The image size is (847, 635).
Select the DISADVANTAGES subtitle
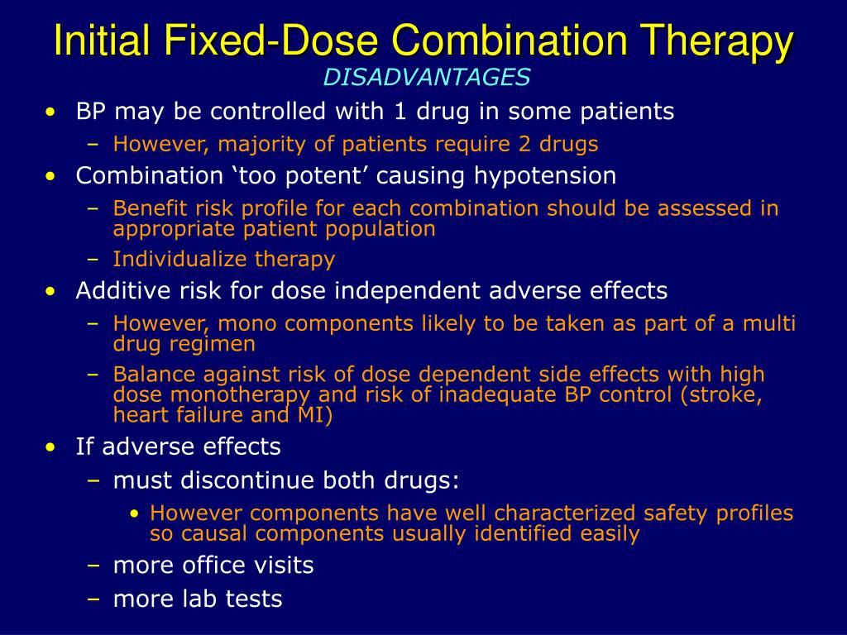tap(427, 77)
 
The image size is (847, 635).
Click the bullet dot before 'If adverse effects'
tap(53, 447)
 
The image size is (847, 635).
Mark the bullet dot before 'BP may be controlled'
tap(53, 111)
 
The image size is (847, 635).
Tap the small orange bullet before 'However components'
tap(135, 513)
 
